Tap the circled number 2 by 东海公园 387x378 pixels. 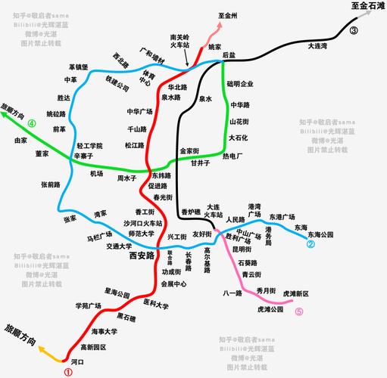click(x=310, y=244)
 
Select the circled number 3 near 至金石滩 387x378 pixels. click(x=354, y=31)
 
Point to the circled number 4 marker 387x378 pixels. click(x=32, y=123)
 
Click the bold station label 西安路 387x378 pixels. click(x=138, y=256)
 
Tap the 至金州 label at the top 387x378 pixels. click(x=228, y=14)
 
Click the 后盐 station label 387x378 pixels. click(x=229, y=55)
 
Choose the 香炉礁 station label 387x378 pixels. click(x=192, y=211)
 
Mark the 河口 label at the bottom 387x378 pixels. click(x=76, y=362)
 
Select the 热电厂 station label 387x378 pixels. click(x=233, y=156)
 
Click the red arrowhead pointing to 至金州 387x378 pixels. click(x=220, y=26)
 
